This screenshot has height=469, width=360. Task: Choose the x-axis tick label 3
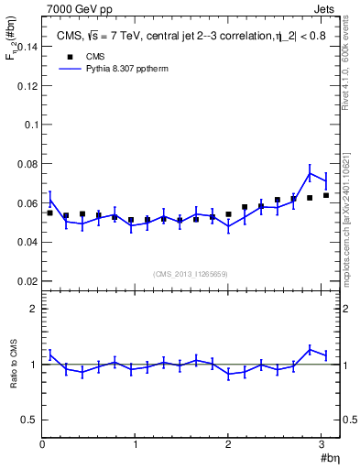click(322, 444)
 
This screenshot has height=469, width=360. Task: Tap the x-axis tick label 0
click(42, 444)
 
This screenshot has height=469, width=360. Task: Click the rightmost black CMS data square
click(326, 195)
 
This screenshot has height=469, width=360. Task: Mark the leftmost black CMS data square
click(50, 213)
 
